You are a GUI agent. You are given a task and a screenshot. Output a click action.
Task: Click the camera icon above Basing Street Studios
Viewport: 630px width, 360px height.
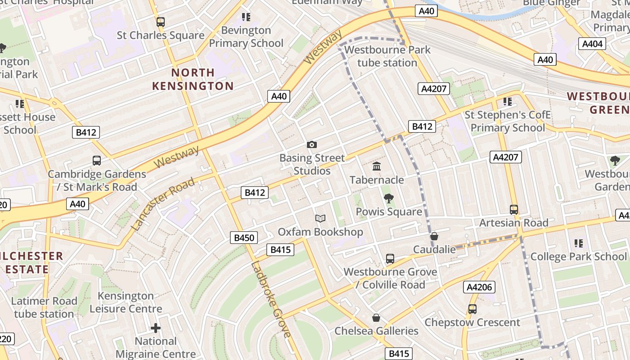click(x=311, y=144)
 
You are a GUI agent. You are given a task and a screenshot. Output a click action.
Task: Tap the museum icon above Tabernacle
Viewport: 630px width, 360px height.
click(x=377, y=166)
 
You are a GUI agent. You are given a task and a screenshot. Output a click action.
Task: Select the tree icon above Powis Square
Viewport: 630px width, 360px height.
click(x=388, y=198)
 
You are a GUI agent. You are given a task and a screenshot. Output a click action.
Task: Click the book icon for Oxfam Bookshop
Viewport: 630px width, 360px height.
click(x=320, y=218)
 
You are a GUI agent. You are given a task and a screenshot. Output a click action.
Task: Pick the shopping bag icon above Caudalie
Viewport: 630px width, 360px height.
click(x=434, y=236)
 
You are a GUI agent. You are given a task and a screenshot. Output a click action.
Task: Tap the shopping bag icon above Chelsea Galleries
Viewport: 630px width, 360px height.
click(x=376, y=318)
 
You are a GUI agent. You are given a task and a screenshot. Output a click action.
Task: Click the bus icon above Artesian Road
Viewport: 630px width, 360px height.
click(x=514, y=209)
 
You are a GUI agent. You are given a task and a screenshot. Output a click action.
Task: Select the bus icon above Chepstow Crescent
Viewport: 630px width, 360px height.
click(x=472, y=309)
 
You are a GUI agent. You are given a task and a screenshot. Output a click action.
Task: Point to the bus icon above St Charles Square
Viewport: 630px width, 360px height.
click(x=160, y=22)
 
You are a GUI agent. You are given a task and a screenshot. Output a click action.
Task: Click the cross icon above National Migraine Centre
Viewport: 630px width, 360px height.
click(x=156, y=328)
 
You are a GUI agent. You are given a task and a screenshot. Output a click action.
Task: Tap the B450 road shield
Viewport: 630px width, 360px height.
click(x=244, y=238)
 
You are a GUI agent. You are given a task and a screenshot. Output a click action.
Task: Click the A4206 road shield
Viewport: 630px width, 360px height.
click(x=479, y=287)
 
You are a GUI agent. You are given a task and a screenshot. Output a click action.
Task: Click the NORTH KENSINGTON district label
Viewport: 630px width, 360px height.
click(x=193, y=79)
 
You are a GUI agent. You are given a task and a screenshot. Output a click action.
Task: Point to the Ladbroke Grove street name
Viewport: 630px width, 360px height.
click(x=271, y=299)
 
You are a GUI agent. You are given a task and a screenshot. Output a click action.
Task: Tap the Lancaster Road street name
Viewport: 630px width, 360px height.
click(x=163, y=204)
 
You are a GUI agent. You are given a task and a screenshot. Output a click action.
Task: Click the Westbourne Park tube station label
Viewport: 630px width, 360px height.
click(x=387, y=56)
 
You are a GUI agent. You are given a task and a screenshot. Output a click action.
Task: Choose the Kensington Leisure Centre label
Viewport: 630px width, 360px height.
click(x=126, y=302)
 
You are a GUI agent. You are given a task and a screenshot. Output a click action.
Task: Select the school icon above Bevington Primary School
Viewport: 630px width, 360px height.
click(x=246, y=17)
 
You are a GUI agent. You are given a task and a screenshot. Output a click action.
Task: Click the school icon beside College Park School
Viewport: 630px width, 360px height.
click(x=579, y=243)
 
